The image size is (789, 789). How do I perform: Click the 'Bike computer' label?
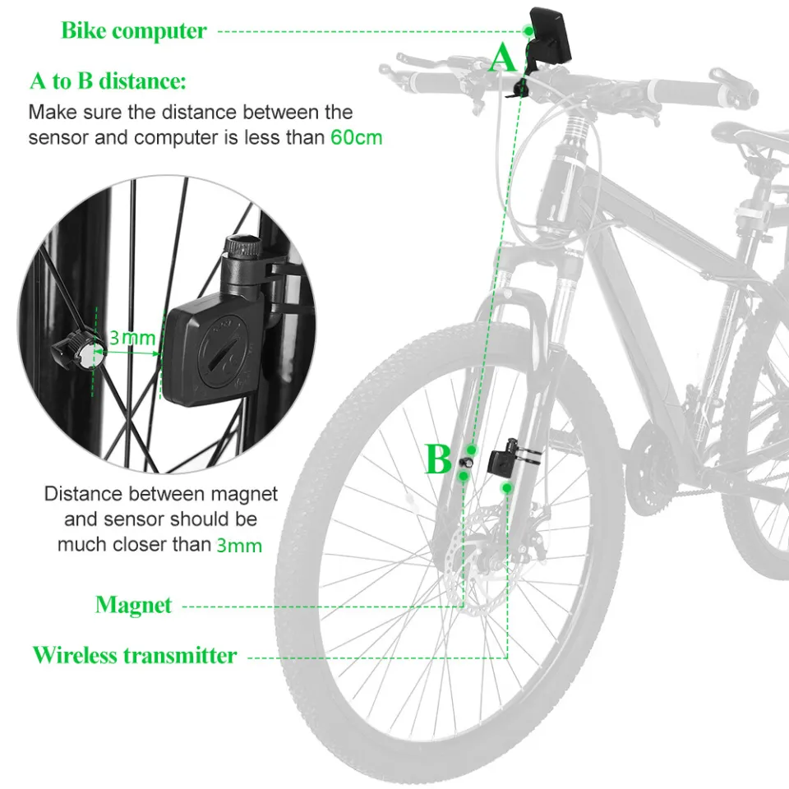tap(134, 31)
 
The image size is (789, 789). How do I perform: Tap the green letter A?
tap(503, 59)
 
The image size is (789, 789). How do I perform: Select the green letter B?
tap(438, 460)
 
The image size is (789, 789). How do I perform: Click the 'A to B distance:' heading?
tap(108, 81)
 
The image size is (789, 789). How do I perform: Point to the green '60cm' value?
tap(357, 137)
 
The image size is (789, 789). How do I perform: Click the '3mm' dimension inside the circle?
tap(131, 338)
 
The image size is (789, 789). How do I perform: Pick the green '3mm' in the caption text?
tap(239, 546)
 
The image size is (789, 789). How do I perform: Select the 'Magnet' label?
tap(133, 606)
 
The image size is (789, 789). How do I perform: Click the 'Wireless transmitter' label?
tap(135, 656)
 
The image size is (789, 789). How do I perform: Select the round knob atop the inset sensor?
tap(243, 247)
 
